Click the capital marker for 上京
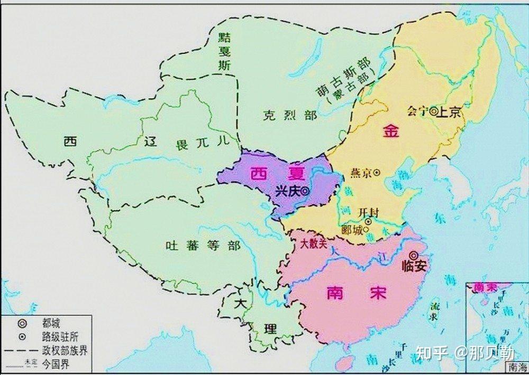(433, 111)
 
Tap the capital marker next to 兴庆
(305, 192)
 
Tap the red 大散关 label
(313, 245)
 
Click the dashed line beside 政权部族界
(21, 351)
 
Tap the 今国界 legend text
(57, 364)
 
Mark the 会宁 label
(417, 111)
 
